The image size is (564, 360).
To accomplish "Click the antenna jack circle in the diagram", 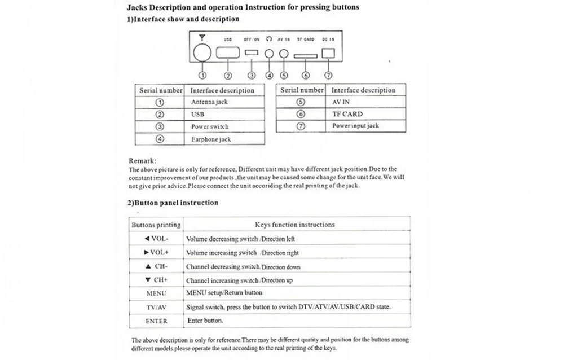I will [x=202, y=53].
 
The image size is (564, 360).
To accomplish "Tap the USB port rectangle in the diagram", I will [x=228, y=53].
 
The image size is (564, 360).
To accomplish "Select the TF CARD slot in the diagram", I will [x=305, y=55].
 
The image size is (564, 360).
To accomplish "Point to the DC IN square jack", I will [x=328, y=52].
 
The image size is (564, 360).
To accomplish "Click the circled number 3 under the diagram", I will [x=252, y=75].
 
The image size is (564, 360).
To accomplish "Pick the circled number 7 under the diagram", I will [x=328, y=75].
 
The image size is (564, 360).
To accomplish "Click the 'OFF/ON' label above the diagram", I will [x=252, y=39].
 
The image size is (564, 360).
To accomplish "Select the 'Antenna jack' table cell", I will [x=209, y=102].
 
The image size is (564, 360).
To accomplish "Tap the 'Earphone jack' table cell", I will [x=211, y=139].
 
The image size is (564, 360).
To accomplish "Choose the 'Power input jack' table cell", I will [x=355, y=126].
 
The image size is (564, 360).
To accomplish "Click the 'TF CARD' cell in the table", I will [x=347, y=114].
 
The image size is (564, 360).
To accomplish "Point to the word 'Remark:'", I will [x=143, y=161].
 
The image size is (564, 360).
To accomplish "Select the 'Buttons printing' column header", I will [x=156, y=225].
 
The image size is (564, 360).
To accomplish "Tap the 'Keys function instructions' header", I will [x=295, y=225].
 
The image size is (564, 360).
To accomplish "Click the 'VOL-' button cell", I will [x=156, y=239].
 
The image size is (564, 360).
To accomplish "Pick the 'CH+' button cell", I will [x=156, y=280].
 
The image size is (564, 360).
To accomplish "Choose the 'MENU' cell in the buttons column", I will [x=156, y=293].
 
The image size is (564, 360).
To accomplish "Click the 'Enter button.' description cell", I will [x=205, y=321].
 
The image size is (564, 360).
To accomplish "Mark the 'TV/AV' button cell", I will [x=156, y=308].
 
